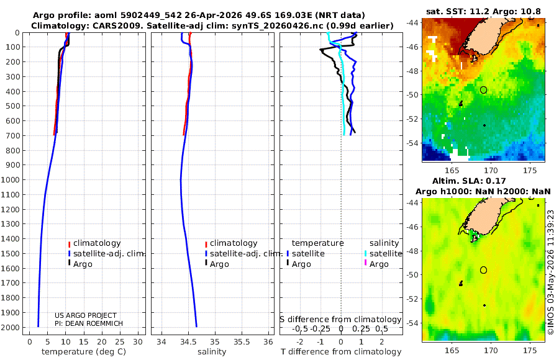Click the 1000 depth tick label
[10, 179]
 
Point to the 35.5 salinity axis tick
[242, 342]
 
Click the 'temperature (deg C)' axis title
[84, 352]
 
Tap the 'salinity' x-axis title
[212, 352]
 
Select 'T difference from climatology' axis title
[341, 352]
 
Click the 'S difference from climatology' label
[340, 319]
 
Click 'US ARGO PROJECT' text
[86, 315]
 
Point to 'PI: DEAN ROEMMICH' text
[89, 323]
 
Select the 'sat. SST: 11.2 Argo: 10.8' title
[483, 11]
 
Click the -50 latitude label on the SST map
[412, 95]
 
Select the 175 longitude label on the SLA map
[530, 350]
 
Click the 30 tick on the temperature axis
[138, 342]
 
